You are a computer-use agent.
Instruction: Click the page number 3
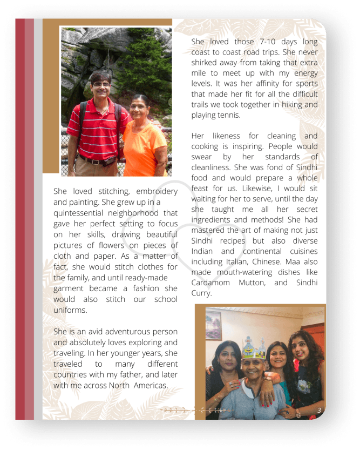(x=319, y=411)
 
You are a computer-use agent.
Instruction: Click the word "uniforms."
(x=70, y=310)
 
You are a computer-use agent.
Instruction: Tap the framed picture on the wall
(x=213, y=325)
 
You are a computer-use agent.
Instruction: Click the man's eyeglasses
(x=101, y=85)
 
